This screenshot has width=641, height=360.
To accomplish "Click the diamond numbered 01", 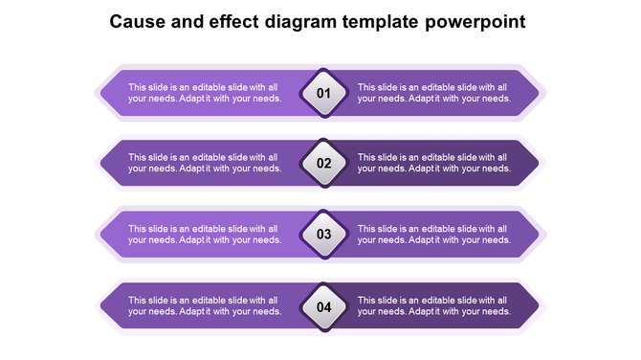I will (x=323, y=93).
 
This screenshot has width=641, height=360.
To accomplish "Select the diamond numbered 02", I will (x=323, y=163).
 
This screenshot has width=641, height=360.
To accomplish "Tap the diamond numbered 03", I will (x=323, y=234).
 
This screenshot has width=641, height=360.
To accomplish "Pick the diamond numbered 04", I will (x=323, y=307).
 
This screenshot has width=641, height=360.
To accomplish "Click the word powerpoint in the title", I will (x=476, y=21).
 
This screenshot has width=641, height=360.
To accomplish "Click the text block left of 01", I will (x=204, y=93).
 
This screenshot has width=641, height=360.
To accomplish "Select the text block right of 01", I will (x=433, y=93).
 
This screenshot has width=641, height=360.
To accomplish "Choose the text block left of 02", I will (x=204, y=163).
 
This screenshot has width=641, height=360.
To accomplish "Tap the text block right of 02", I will (x=433, y=163).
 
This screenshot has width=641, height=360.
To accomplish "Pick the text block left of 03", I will (x=204, y=235).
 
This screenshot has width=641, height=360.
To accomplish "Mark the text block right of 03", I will (x=433, y=235).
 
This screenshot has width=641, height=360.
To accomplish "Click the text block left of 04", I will (x=204, y=305).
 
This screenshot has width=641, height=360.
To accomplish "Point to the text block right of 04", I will (x=433, y=305).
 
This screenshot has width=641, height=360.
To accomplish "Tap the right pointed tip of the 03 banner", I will (x=541, y=235).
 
